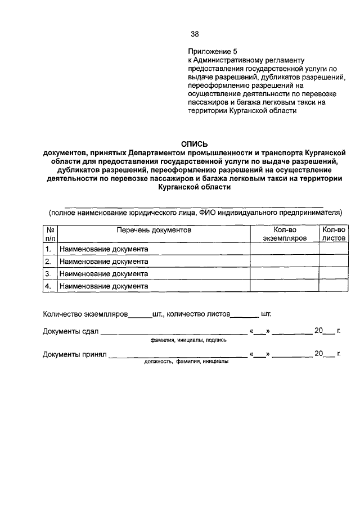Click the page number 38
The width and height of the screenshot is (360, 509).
195,34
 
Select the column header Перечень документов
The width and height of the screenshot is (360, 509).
154,230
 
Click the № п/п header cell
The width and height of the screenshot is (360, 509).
49,234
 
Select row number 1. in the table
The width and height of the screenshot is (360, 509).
49,249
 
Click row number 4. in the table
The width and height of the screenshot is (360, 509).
49,286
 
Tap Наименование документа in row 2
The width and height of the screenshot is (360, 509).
103,261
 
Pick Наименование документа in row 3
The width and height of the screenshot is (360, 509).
103,273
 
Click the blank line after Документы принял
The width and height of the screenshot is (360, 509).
177,355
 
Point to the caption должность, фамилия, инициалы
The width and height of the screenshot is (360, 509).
186,362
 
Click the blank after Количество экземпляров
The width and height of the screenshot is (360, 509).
140,315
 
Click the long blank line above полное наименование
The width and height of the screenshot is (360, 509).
195,207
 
